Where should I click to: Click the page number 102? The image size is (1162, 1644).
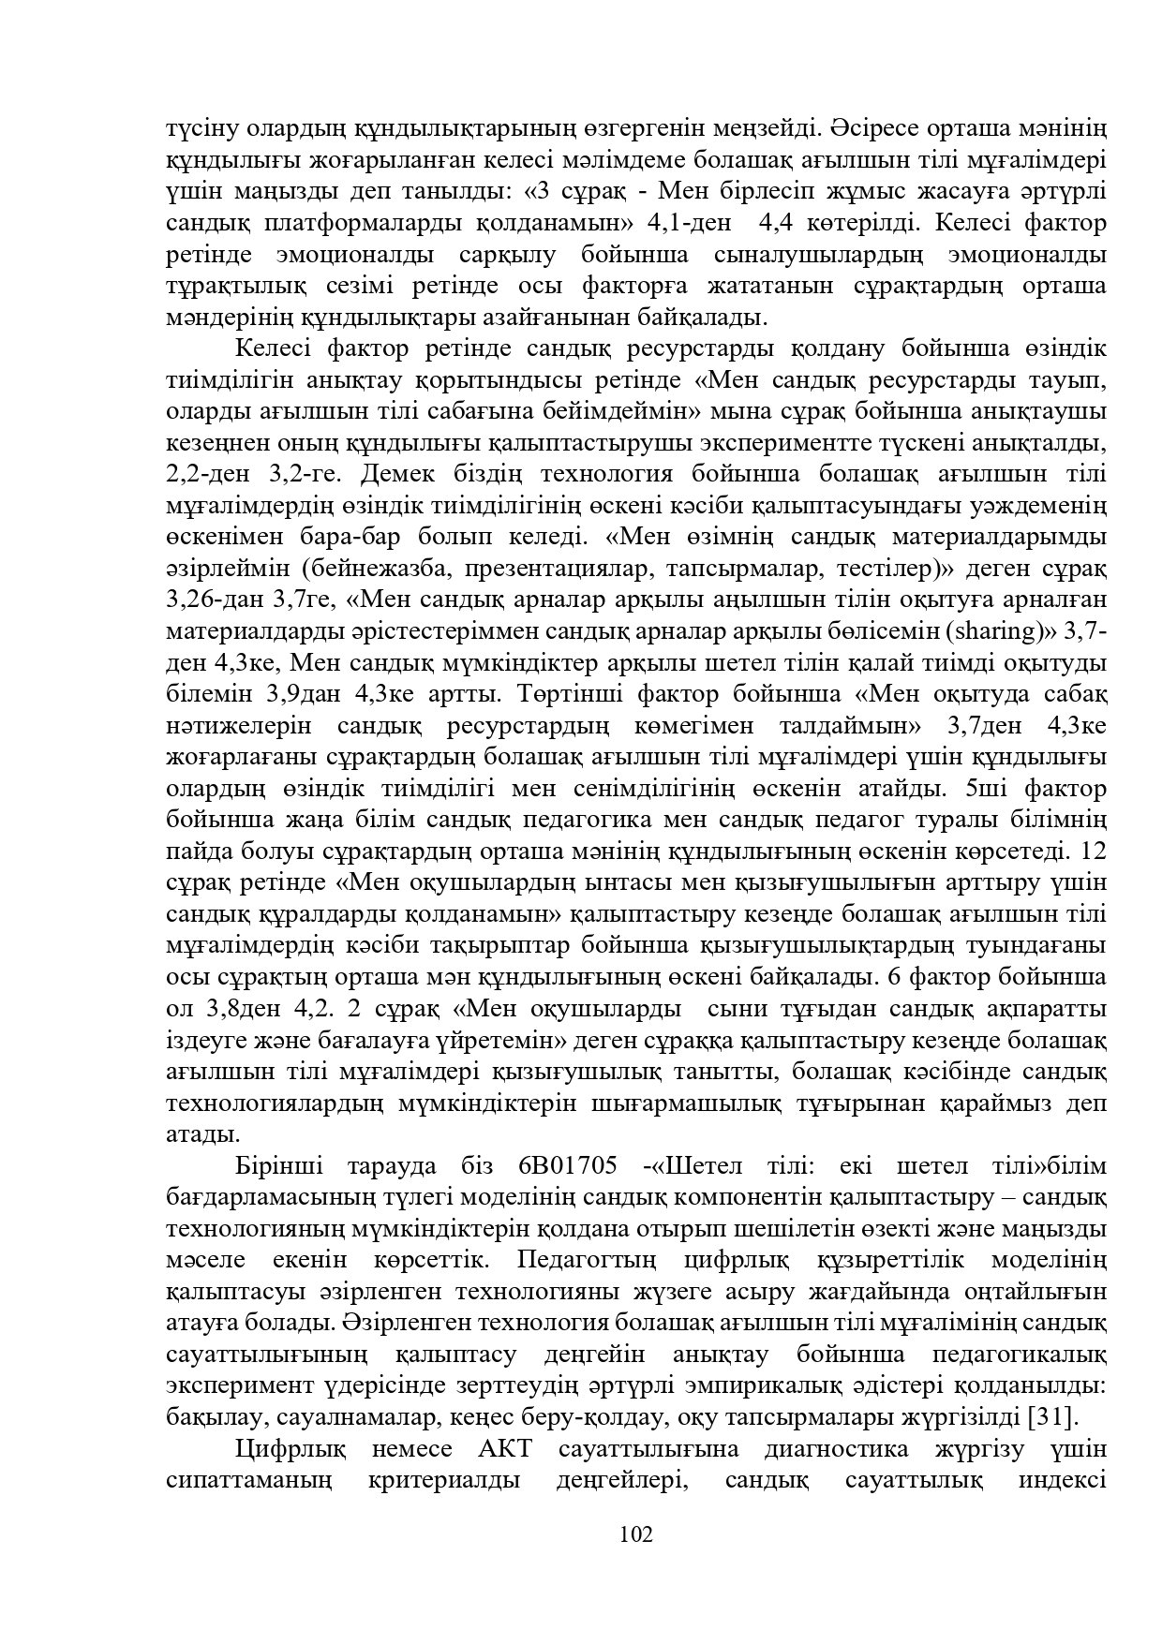pos(635,1533)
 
